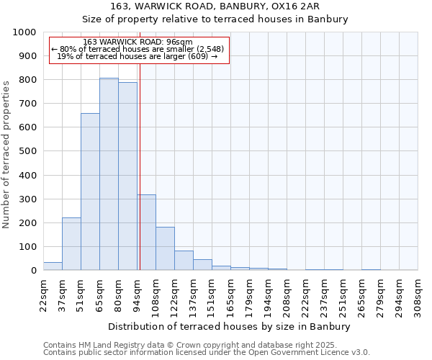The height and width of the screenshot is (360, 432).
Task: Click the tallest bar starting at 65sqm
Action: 109,174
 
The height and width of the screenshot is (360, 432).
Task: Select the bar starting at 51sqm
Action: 90,192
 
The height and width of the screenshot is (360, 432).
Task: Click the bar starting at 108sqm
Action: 165,249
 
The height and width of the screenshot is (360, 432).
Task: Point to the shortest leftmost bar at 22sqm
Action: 53,266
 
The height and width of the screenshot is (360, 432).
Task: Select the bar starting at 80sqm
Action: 127,176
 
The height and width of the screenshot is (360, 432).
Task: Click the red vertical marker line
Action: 140,166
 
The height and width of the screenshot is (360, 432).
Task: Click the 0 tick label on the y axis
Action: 33,271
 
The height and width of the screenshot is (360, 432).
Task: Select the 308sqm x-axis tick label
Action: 418,294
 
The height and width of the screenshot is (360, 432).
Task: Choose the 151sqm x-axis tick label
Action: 212,294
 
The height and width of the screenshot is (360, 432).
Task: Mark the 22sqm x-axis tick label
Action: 44,294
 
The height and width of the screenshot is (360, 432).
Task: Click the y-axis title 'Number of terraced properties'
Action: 6,154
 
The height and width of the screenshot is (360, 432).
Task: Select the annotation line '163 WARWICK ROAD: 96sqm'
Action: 138,42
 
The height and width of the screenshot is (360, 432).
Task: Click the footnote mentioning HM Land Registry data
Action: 206,345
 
